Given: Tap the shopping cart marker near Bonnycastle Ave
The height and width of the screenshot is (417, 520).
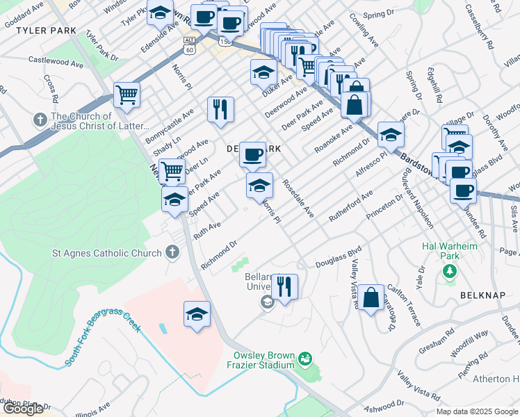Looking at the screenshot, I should [127, 95].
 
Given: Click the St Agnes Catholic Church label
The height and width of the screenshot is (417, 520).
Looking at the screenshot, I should [107, 253].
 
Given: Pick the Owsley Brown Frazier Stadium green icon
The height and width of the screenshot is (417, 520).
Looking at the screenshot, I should [304, 359].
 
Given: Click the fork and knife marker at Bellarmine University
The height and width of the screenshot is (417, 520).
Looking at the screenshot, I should [284, 286].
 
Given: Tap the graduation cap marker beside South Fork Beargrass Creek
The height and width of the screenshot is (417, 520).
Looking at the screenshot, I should [197, 314].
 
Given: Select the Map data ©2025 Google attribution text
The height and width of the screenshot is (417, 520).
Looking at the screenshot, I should [478, 411].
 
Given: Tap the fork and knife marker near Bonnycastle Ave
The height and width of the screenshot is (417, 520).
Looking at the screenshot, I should [220, 109].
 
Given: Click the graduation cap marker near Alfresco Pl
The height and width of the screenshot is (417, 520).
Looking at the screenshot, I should [391, 135].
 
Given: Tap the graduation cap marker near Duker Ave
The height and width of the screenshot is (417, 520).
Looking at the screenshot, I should [263, 72].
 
